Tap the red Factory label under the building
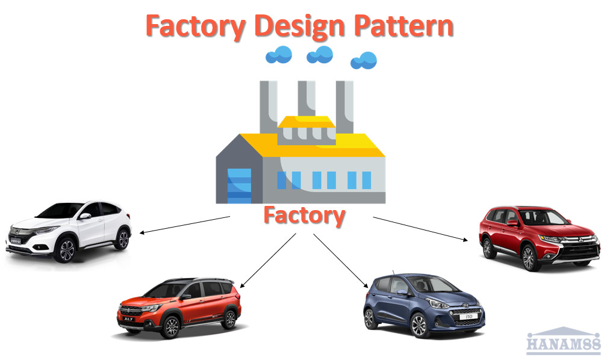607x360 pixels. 304,216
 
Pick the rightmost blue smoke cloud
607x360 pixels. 364,60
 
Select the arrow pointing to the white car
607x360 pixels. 184,225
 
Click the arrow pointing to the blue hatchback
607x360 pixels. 341,259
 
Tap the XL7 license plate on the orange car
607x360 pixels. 128,319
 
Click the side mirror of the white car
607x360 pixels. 86,216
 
